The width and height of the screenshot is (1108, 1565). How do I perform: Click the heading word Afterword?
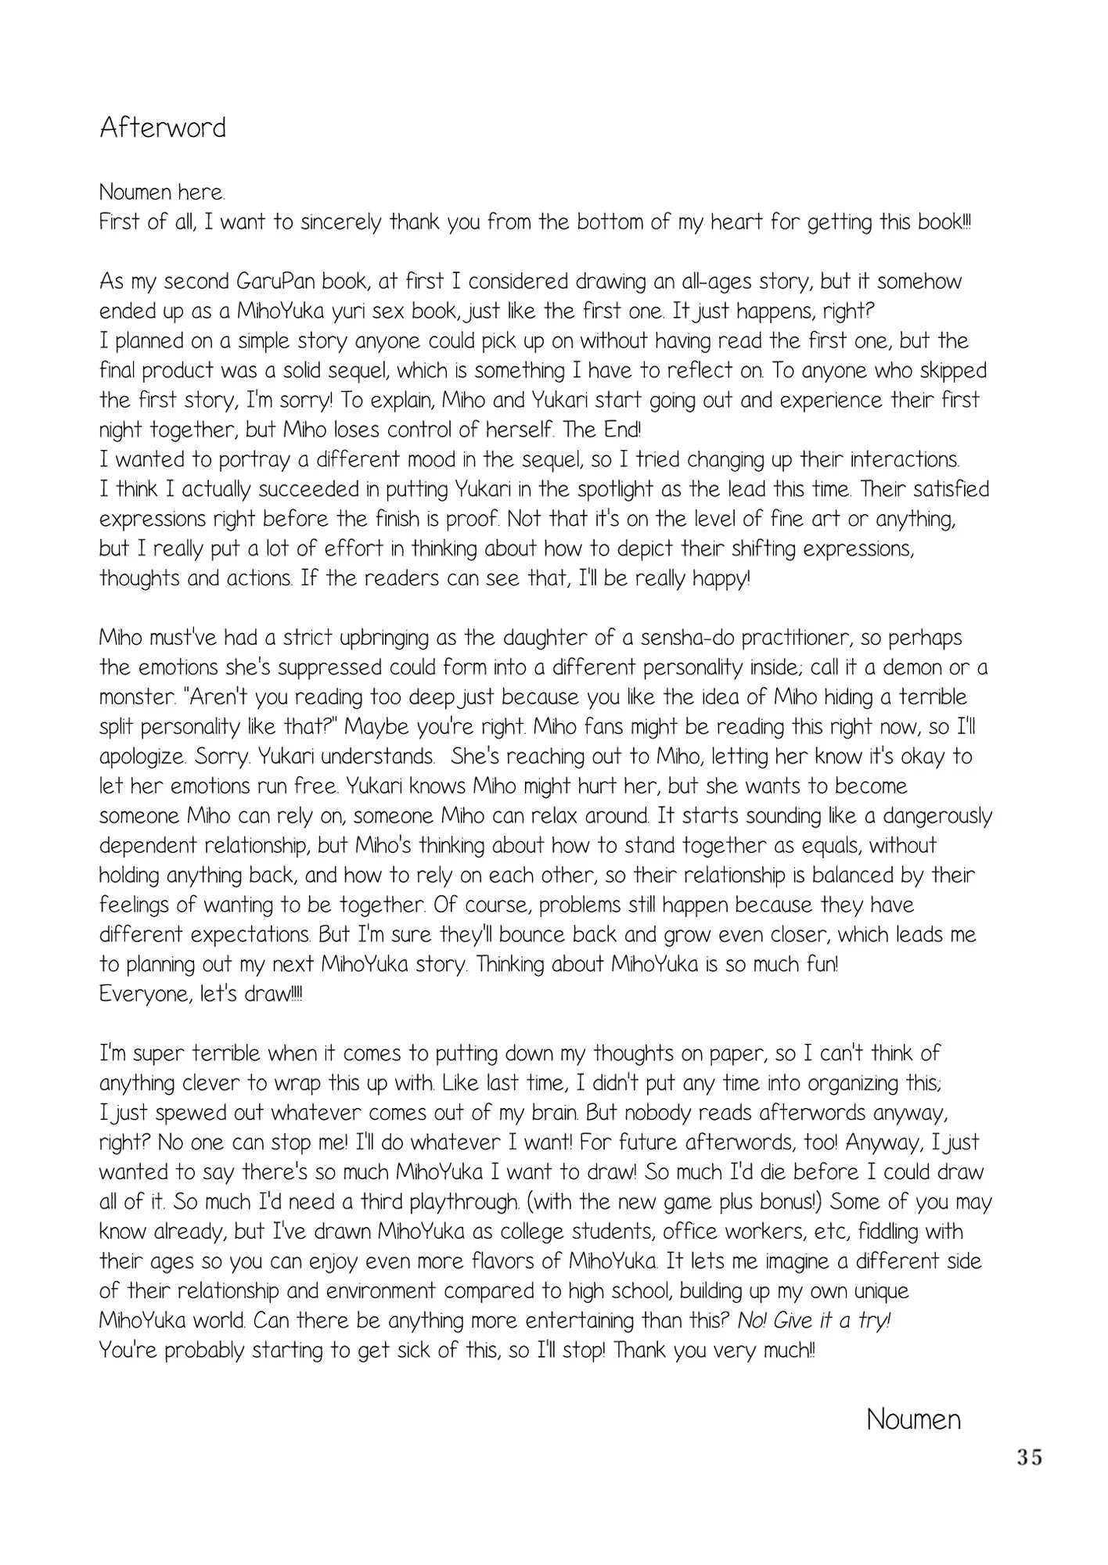click(163, 128)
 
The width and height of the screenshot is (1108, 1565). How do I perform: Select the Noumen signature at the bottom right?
click(913, 1419)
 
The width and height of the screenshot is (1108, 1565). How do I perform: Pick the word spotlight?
click(600, 490)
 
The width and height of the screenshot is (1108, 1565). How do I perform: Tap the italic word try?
click(874, 1322)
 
